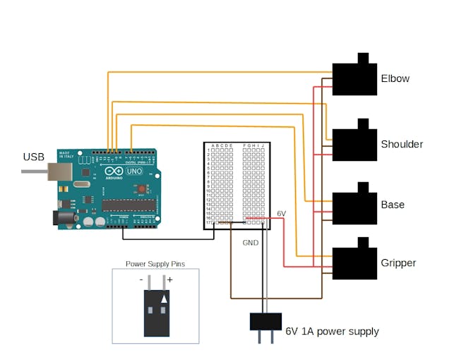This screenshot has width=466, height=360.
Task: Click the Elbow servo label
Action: (395, 78)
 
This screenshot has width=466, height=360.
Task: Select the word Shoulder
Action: (402, 144)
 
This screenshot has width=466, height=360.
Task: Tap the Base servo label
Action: (393, 205)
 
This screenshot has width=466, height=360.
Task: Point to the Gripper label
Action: (398, 263)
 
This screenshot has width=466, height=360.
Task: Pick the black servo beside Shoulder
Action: (354, 144)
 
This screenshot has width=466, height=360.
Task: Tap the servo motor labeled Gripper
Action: (354, 263)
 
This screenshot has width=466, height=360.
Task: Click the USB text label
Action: (34, 157)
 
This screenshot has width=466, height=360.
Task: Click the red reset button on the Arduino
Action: (142, 188)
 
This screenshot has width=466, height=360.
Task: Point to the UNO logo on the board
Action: (133, 172)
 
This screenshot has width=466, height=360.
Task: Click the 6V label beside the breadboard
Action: (281, 213)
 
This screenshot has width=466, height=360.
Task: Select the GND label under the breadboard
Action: (251, 242)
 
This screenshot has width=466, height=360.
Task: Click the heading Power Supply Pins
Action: (155, 264)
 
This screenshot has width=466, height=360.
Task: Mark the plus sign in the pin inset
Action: (169, 280)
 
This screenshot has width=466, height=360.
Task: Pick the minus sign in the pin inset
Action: (141, 280)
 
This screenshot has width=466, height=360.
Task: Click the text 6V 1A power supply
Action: (332, 331)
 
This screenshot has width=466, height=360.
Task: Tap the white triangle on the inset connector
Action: (165, 299)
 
